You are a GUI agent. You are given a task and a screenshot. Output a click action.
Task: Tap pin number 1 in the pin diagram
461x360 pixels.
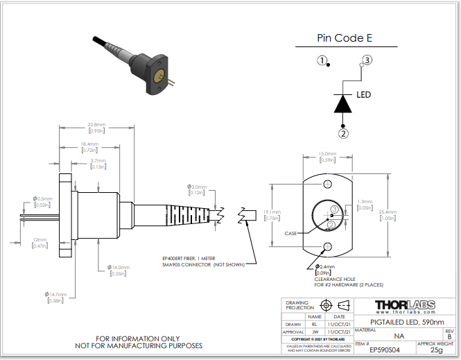[322, 60]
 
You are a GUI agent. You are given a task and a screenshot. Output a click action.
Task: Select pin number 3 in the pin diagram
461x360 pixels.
[367, 60]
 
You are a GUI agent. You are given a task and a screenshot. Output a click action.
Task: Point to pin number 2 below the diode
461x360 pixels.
[343, 132]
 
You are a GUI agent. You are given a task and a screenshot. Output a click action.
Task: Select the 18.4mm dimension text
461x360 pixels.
[89, 147]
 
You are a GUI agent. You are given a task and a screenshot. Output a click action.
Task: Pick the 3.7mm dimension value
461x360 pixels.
[98, 164]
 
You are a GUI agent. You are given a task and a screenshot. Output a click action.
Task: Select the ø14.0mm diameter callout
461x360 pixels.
[119, 270]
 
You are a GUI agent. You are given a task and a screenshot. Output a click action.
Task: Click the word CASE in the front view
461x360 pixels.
[290, 234]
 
